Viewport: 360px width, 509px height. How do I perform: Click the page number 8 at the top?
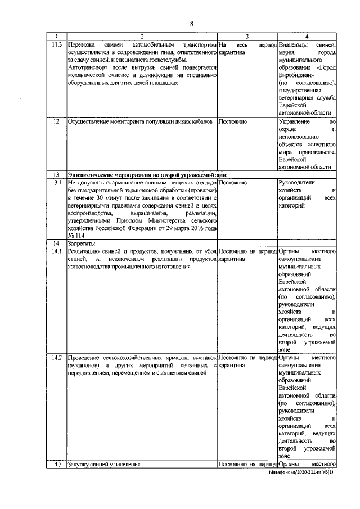(x=191, y=23)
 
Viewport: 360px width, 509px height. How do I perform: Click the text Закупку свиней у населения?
(x=103, y=464)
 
